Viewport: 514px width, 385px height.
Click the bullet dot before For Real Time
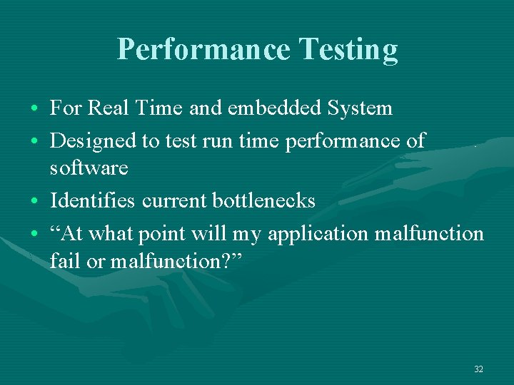(x=35, y=108)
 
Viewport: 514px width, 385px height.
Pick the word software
(x=89, y=169)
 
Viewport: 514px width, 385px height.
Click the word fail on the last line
(x=64, y=261)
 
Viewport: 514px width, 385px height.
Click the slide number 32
(x=478, y=369)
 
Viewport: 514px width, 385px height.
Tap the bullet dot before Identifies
(x=35, y=201)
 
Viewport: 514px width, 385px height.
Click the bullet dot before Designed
(x=35, y=140)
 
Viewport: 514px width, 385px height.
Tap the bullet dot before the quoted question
(x=35, y=233)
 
